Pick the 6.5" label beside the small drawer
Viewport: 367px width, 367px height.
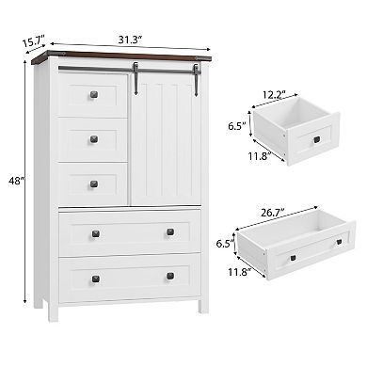[236, 122]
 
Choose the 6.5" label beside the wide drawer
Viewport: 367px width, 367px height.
[223, 243]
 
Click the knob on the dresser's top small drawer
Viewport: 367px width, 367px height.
[93, 94]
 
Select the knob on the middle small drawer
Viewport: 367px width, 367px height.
[93, 139]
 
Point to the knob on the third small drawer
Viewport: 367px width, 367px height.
[93, 184]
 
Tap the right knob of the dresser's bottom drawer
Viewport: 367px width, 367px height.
[170, 276]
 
